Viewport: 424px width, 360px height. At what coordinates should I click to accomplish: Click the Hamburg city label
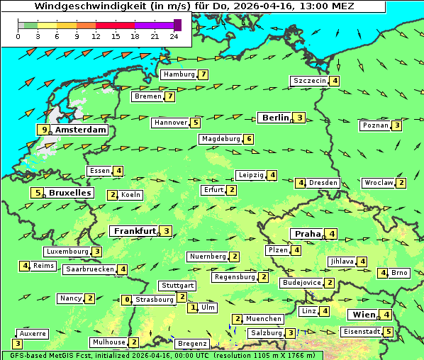click(x=178, y=74)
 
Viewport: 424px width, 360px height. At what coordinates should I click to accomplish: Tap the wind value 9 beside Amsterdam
click(x=44, y=130)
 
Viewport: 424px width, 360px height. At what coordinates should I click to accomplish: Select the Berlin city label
click(x=275, y=118)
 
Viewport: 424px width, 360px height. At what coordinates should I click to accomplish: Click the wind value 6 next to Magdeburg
click(x=249, y=139)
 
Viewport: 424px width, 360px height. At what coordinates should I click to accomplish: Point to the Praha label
click(x=307, y=234)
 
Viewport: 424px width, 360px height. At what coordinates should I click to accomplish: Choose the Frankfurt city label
click(x=135, y=231)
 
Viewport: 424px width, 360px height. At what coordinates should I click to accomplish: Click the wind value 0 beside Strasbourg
click(x=127, y=300)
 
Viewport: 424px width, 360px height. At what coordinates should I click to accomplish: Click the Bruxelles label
click(x=69, y=193)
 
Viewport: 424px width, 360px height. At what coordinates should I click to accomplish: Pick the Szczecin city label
click(x=309, y=81)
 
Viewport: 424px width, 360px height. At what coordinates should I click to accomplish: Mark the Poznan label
click(x=375, y=125)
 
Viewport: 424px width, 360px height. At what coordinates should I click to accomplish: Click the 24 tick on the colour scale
click(x=174, y=36)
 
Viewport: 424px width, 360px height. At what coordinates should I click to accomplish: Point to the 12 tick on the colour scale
click(x=96, y=36)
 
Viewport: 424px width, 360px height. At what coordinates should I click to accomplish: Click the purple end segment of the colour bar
click(x=177, y=25)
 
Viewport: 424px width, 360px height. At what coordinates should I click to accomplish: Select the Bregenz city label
click(x=192, y=344)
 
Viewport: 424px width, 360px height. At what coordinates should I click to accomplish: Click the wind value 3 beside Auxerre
click(x=17, y=344)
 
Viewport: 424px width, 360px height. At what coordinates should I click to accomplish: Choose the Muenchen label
click(x=264, y=319)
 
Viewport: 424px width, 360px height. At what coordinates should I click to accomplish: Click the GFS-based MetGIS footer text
click(x=57, y=355)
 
